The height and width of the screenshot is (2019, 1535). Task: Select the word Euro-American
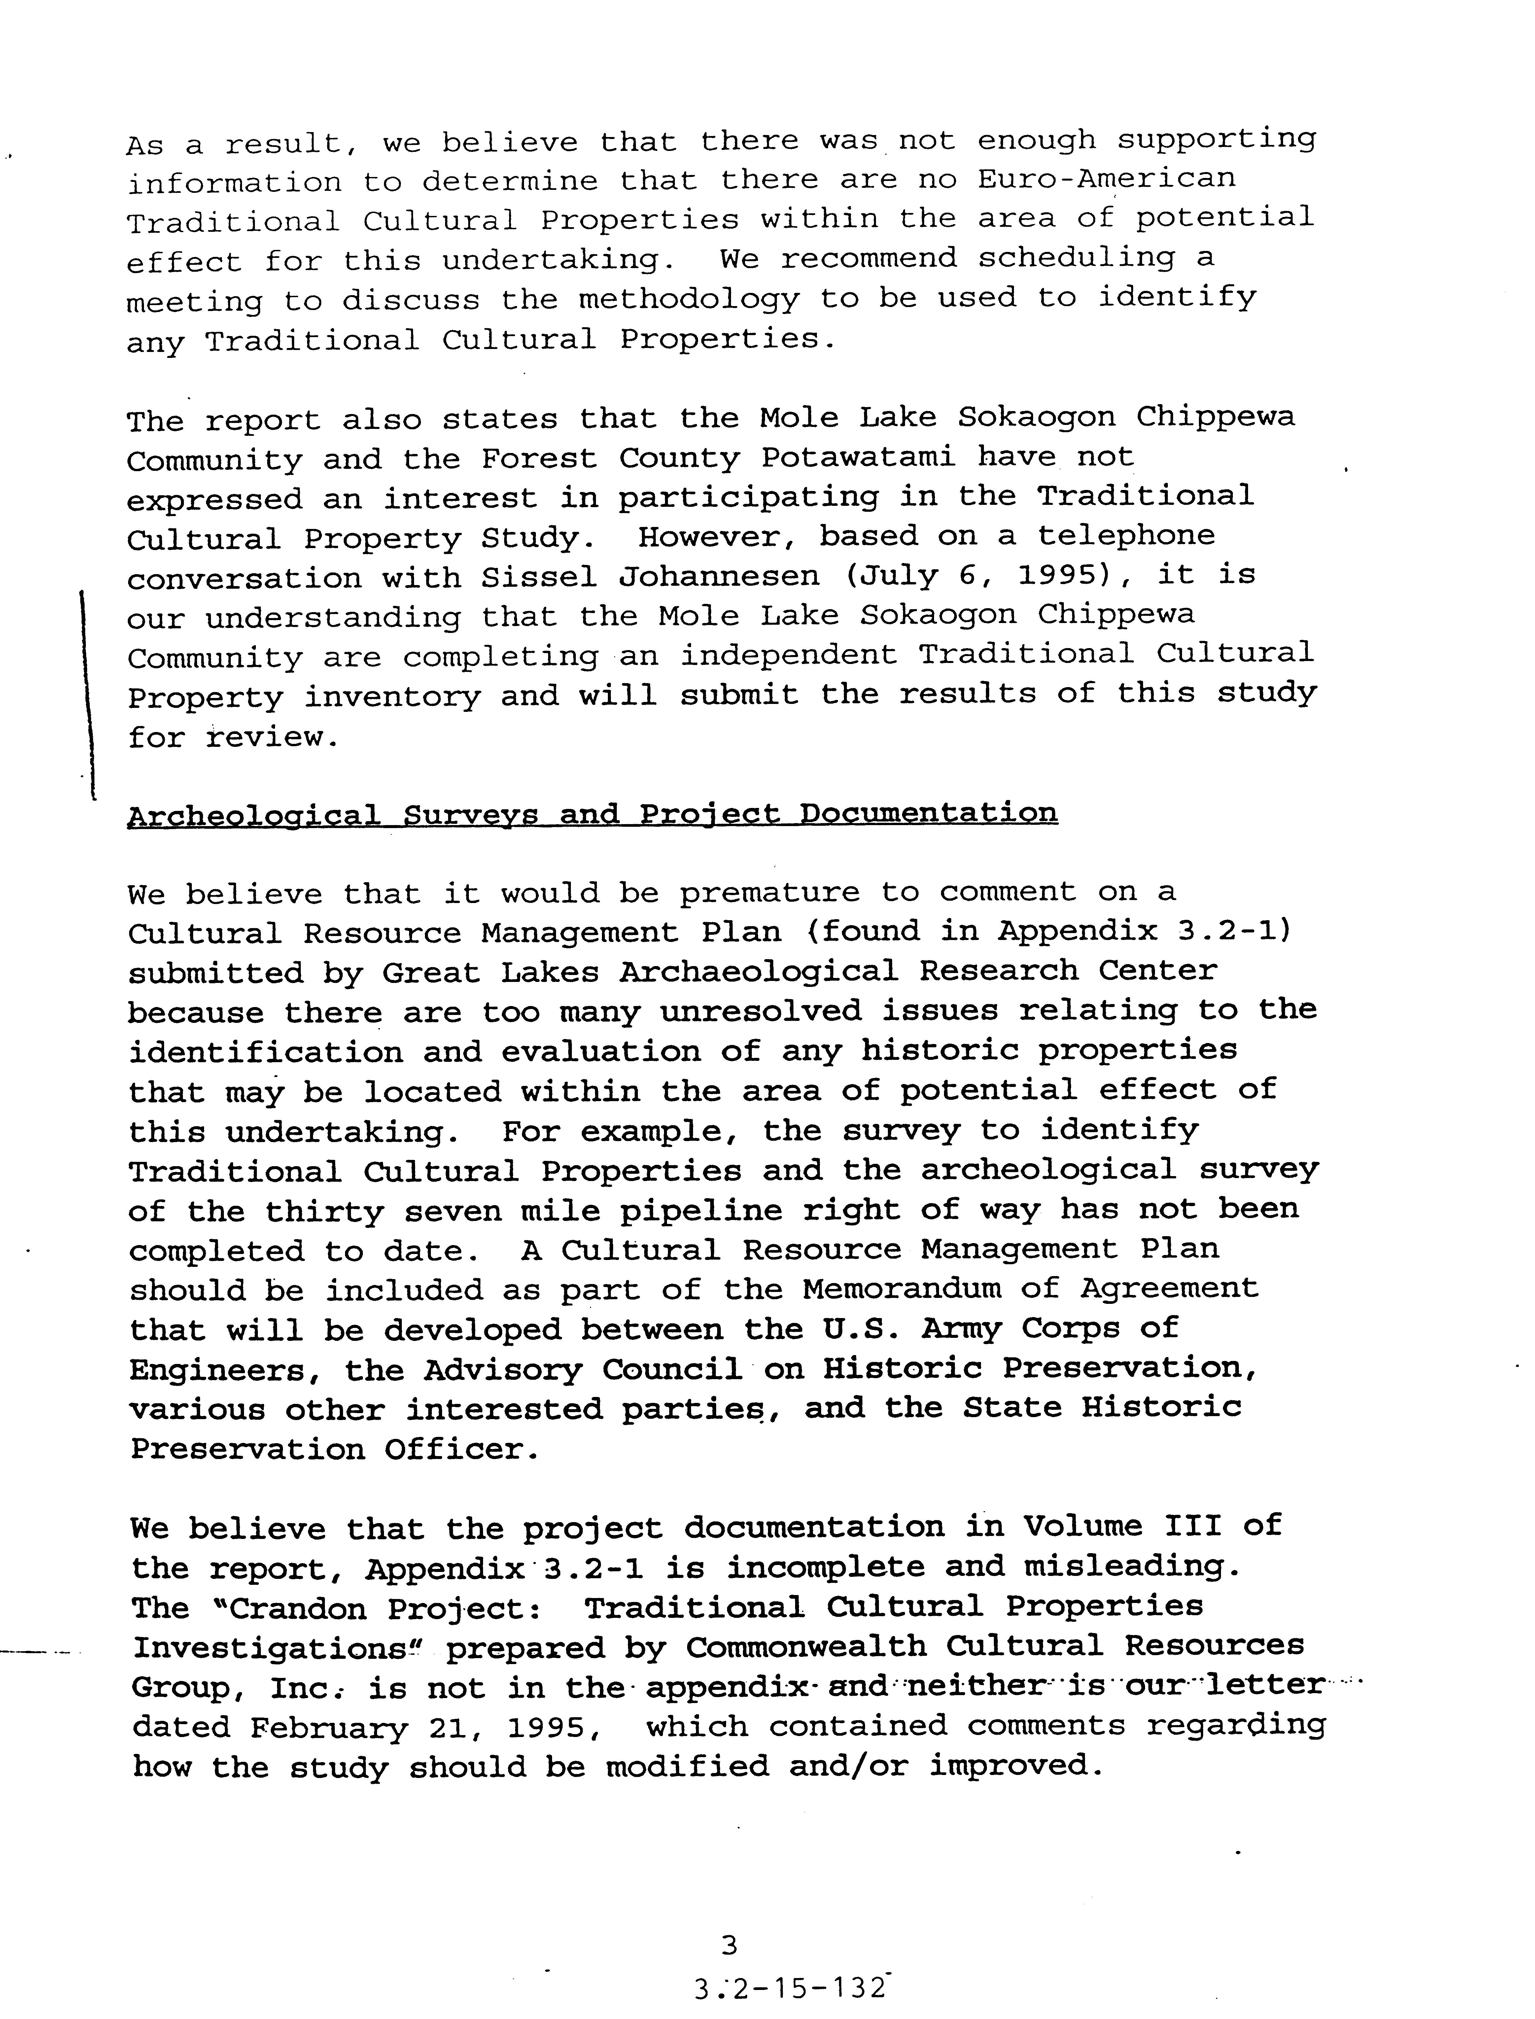pyautogui.click(x=1105, y=178)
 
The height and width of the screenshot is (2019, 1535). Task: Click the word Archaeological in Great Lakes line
pyautogui.click(x=758, y=971)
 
